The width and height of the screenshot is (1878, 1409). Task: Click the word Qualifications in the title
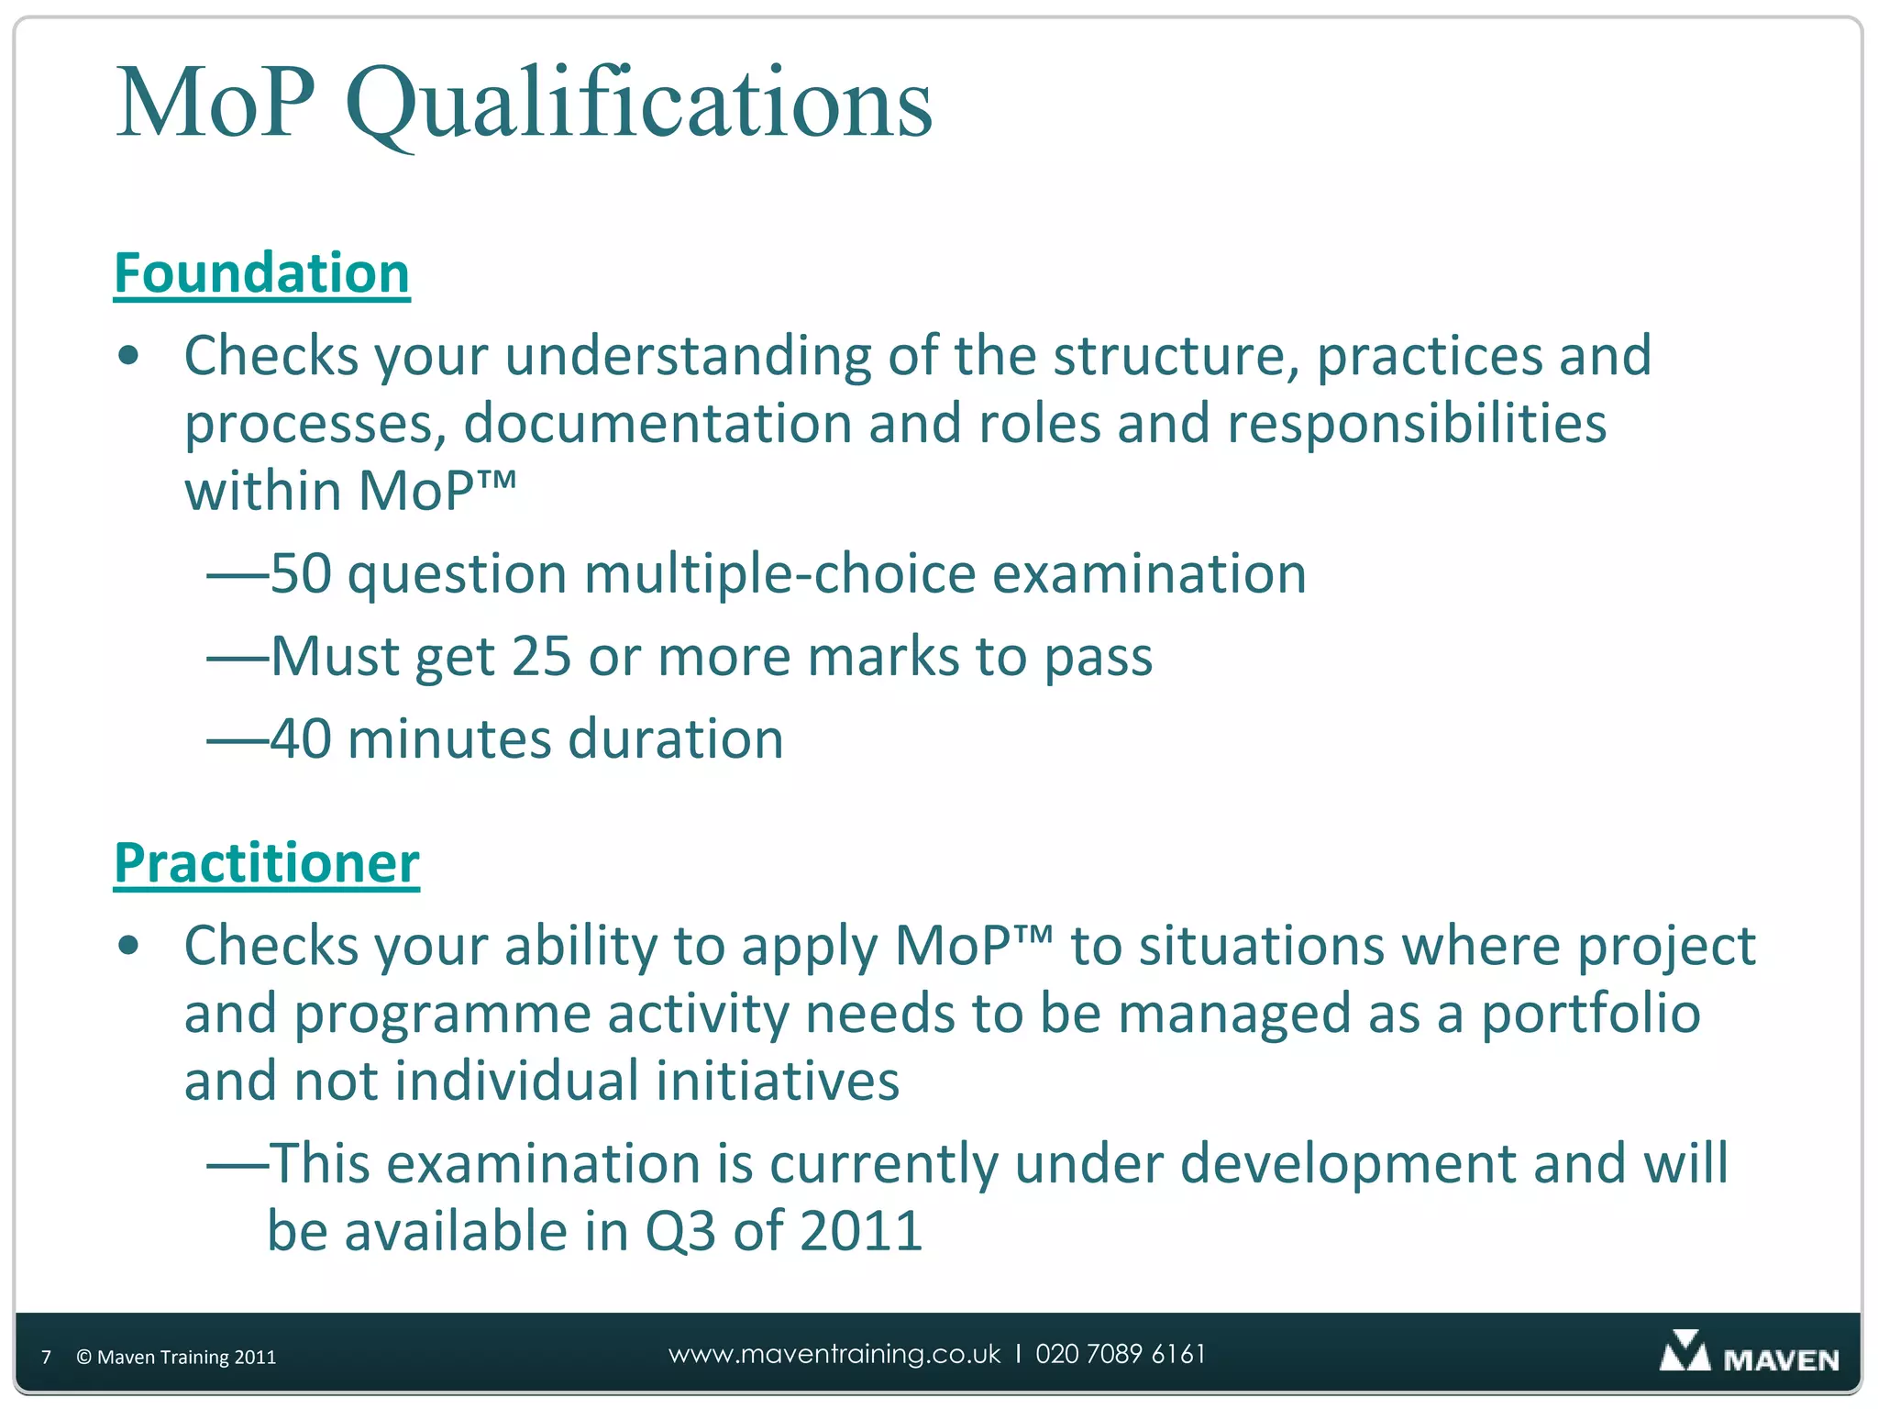click(x=639, y=103)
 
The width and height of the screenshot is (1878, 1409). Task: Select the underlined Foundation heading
click(x=261, y=273)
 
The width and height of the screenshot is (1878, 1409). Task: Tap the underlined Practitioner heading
click(x=266, y=864)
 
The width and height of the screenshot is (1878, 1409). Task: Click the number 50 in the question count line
click(x=301, y=574)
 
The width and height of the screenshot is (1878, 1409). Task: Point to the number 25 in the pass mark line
click(x=541, y=657)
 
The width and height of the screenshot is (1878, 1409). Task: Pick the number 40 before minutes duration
click(x=301, y=739)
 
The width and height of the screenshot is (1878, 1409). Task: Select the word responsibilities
click(x=1416, y=424)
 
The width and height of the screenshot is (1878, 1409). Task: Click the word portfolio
click(x=1590, y=1015)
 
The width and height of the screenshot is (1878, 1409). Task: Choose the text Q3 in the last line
click(x=679, y=1231)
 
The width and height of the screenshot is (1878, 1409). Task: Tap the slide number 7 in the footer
click(x=47, y=1357)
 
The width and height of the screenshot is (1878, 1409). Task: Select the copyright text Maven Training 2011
click(x=176, y=1357)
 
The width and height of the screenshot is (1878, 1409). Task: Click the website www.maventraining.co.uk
click(x=834, y=1354)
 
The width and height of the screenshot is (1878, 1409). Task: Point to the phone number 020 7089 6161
click(x=1121, y=1354)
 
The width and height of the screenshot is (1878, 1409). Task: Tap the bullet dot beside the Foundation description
click(x=128, y=356)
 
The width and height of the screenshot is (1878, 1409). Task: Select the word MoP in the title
click(x=216, y=103)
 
